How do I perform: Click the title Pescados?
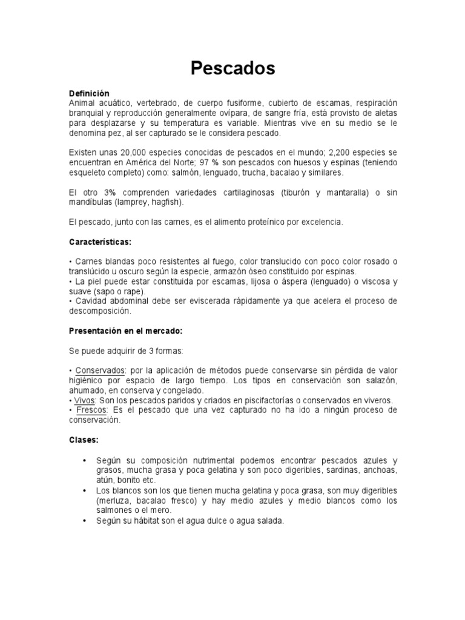[232, 68]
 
